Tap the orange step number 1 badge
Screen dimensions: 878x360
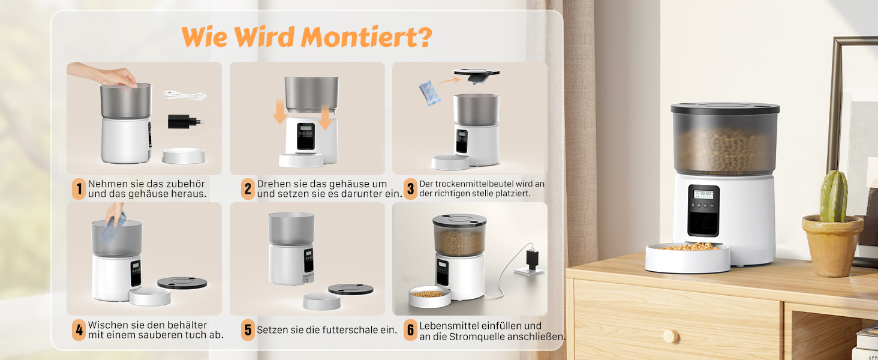(79, 189)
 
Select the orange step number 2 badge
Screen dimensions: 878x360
(248, 189)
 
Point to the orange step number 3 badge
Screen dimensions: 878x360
(410, 189)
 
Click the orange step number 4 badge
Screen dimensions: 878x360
(79, 330)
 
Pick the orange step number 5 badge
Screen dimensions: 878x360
(248, 330)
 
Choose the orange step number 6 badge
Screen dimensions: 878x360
(410, 330)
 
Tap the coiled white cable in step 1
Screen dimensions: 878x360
(185, 95)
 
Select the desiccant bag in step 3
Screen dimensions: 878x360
(429, 93)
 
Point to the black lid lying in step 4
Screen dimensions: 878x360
(182, 283)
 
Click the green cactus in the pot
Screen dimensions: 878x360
(833, 196)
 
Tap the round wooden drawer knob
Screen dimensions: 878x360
(671, 336)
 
